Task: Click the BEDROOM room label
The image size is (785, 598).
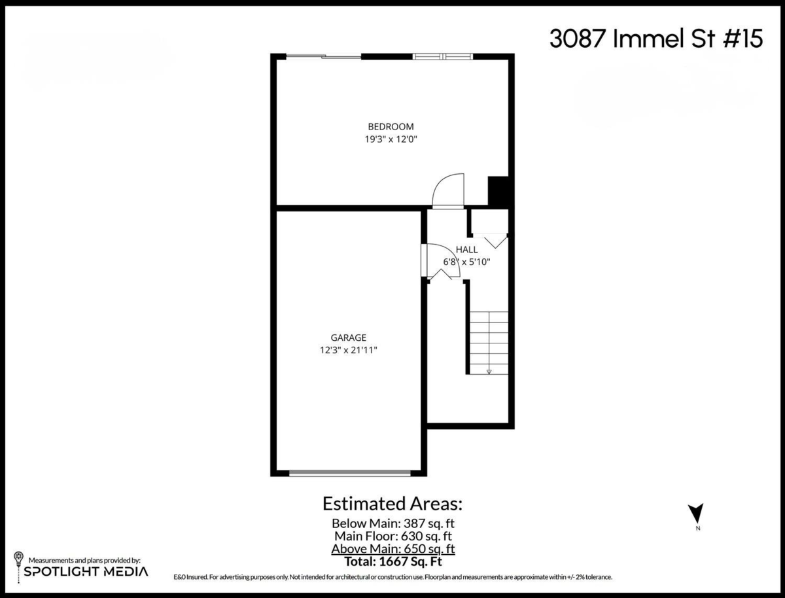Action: pyautogui.click(x=391, y=126)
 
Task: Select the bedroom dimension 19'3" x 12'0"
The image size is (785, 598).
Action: pyautogui.click(x=391, y=139)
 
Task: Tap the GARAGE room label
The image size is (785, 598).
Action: pyautogui.click(x=348, y=338)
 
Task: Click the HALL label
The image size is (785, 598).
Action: pyautogui.click(x=466, y=249)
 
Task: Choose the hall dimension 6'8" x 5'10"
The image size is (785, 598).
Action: pyautogui.click(x=466, y=262)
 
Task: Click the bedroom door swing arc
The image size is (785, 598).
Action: pyautogui.click(x=449, y=190)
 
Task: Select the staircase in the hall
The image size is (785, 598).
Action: pyautogui.click(x=489, y=342)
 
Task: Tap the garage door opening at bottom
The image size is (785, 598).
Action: pyautogui.click(x=350, y=472)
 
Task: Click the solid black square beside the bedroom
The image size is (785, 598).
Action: pyautogui.click(x=498, y=191)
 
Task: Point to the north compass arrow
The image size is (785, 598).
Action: pyautogui.click(x=697, y=513)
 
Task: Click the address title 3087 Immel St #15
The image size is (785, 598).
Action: pyautogui.click(x=655, y=39)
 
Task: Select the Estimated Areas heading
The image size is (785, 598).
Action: pyautogui.click(x=392, y=504)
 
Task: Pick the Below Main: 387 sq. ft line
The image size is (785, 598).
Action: pyautogui.click(x=392, y=523)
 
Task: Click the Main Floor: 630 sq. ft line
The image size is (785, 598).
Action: pyautogui.click(x=392, y=536)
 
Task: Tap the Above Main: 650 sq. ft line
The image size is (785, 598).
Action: pyautogui.click(x=392, y=548)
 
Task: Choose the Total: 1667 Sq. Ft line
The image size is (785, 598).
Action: pyautogui.click(x=392, y=561)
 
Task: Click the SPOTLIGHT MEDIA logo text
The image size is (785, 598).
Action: pyautogui.click(x=86, y=571)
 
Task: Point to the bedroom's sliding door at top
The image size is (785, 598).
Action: pyautogui.click(x=324, y=57)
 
